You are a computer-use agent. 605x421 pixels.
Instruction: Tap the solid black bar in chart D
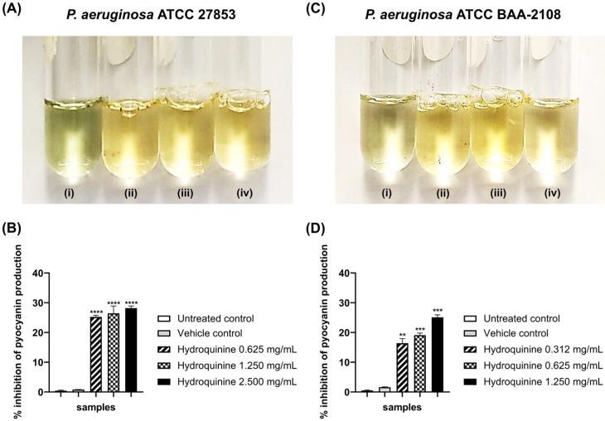tap(438, 354)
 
